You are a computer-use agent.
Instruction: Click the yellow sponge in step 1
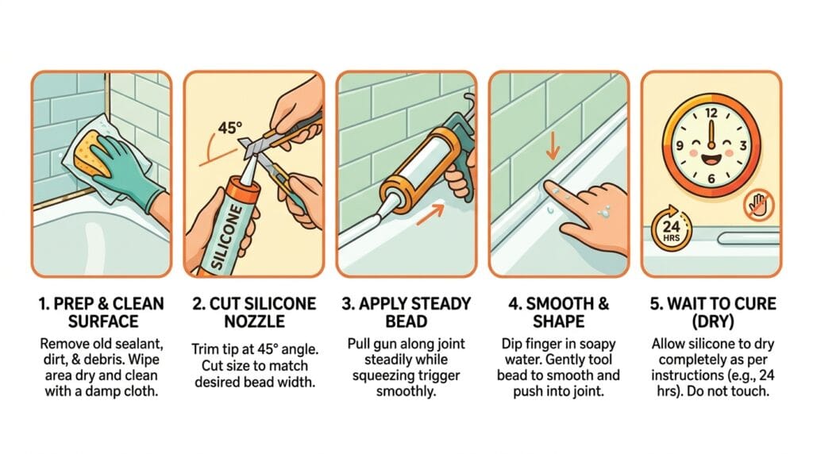coord(92,153)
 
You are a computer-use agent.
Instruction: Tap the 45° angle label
coord(229,127)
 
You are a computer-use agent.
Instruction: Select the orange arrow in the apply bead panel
coord(431,214)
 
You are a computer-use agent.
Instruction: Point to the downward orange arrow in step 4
coord(553,145)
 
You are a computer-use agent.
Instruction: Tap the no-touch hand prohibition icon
coord(758,206)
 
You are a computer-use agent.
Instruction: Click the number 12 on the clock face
coord(711,113)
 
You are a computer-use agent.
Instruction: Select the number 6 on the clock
coord(711,179)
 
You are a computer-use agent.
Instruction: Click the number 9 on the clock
coord(680,145)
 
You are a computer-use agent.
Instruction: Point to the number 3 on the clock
coord(743,145)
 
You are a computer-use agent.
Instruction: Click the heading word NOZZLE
coord(255,321)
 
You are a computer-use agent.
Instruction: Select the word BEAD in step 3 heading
coord(406,321)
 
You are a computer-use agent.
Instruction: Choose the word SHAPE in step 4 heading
coord(558,321)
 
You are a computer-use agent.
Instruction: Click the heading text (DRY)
coord(713,321)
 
